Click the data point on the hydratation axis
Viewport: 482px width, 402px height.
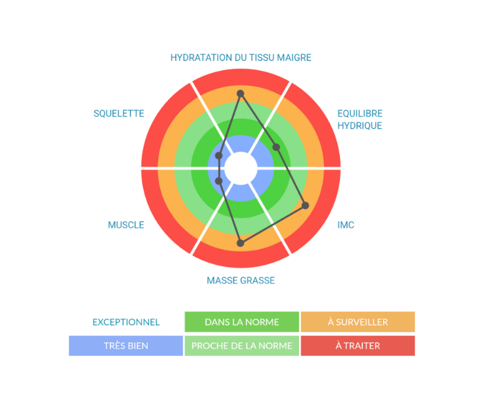pos(240,93)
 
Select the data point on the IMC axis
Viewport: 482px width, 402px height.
pos(305,205)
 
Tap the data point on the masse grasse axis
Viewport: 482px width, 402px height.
pos(240,242)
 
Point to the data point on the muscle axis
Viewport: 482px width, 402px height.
pos(219,181)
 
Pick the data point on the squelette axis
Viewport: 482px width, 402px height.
pos(219,156)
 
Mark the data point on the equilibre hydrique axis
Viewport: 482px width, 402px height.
pos(276,147)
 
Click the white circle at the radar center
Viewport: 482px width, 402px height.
pos(240,168)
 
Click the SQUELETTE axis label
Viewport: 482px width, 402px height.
pos(119,113)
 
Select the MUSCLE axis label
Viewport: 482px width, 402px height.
pos(126,224)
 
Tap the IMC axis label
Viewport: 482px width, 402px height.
pos(346,224)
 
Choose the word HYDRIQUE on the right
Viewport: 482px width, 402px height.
pos(359,126)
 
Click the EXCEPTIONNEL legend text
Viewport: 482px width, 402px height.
pos(126,322)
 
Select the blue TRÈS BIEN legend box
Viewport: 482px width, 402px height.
pos(126,345)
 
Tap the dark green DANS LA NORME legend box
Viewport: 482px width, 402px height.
pos(241,322)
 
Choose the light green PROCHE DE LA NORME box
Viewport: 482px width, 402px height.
pos(241,345)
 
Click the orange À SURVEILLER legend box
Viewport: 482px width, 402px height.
pos(357,322)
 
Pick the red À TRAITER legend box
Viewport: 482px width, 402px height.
pos(357,345)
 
